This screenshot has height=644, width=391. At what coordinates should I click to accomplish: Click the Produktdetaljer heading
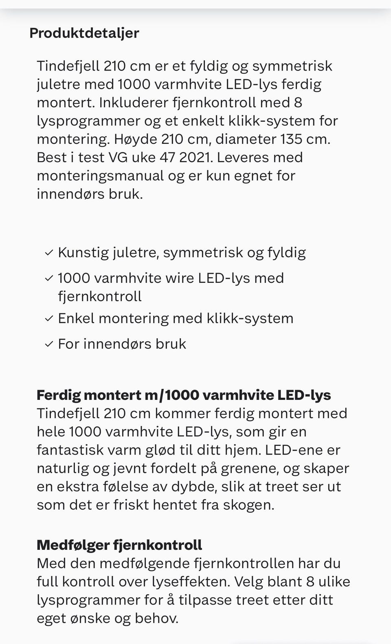coord(84,33)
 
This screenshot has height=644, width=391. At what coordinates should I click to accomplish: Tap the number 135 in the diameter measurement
coord(295,139)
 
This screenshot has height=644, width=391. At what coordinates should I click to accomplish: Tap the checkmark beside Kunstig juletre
coord(49,253)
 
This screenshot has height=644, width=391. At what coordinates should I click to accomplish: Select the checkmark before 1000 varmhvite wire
coord(49,278)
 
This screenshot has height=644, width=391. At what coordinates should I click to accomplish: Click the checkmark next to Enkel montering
coord(49,318)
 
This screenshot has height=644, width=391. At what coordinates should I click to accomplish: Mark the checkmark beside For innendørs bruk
coord(49,344)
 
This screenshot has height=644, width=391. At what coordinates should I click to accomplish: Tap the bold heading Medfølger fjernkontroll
coord(119,545)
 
